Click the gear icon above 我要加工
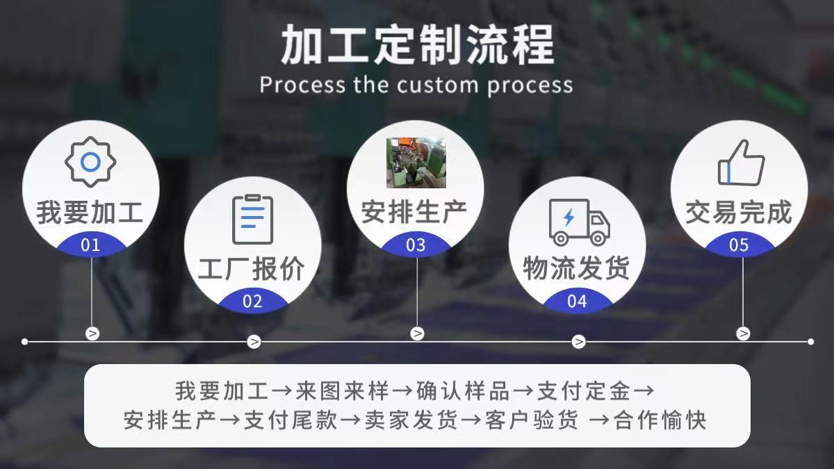coord(90,162)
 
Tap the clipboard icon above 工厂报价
coord(253,220)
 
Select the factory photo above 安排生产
coord(416,163)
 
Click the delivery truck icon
coord(580,222)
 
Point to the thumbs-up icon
coord(742,163)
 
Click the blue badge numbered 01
coord(91,245)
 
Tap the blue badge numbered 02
coord(253,301)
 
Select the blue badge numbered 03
coord(416,245)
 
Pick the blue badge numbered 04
coord(578,301)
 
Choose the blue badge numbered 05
coord(739,245)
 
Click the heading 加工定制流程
coord(418,44)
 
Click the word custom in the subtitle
coord(438,85)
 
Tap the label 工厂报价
coord(252,268)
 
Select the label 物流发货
coord(577,268)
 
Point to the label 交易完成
coord(739,212)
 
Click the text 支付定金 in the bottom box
coord(583,391)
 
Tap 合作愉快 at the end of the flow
coord(660,420)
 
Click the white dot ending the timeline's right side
coord(811,342)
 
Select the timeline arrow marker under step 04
coord(578,342)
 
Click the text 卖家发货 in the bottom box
coord(411,420)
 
